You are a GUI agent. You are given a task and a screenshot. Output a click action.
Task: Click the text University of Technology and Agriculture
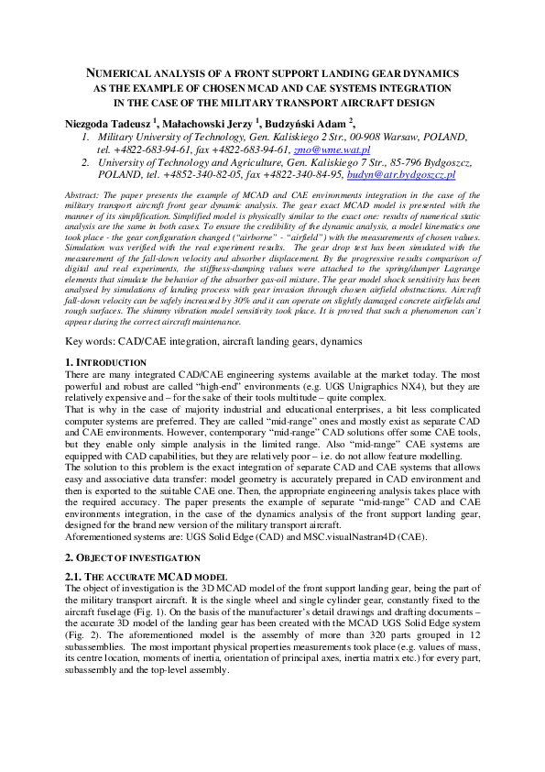(x=201, y=161)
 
